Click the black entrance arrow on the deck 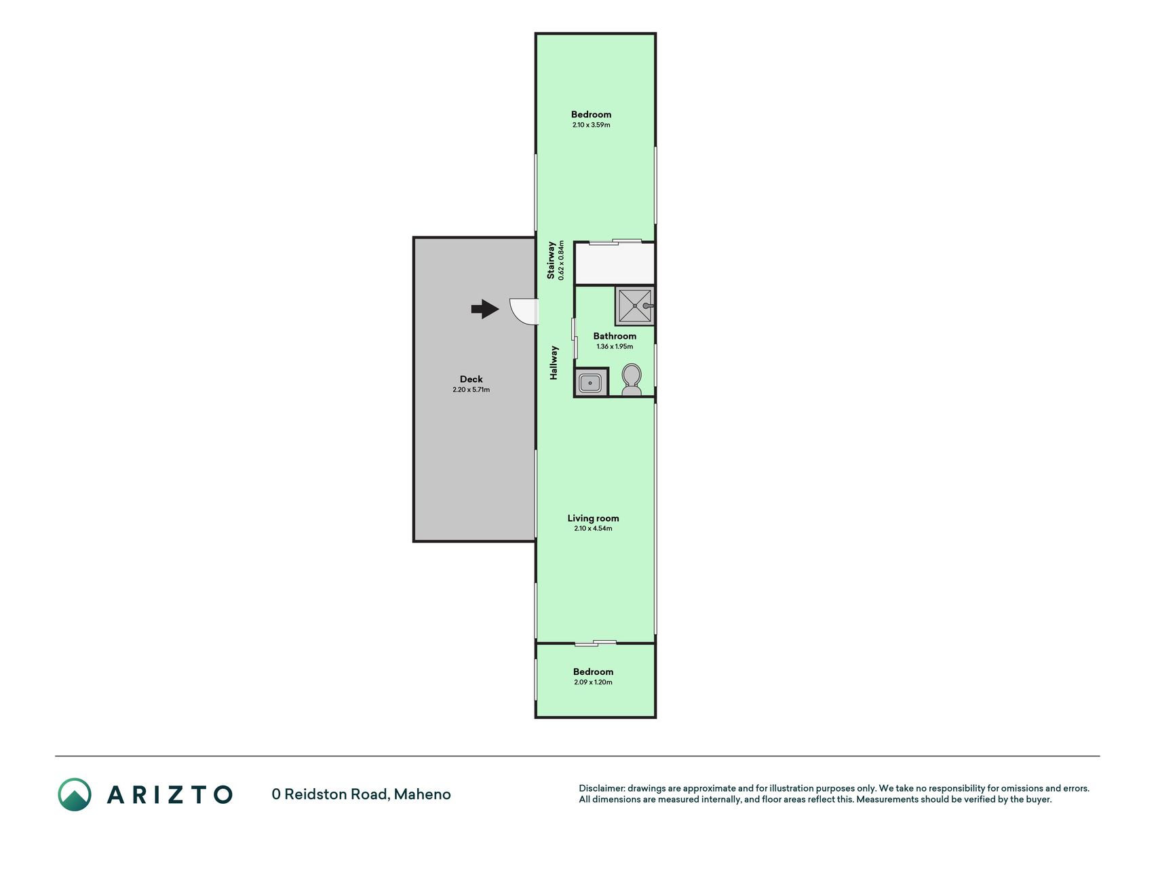click(x=485, y=309)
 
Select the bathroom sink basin click(x=591, y=384)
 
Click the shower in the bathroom click(x=635, y=306)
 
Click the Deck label click(x=471, y=380)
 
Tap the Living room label click(x=593, y=518)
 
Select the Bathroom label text click(x=615, y=336)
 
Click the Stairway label click(x=551, y=260)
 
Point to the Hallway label click(x=554, y=363)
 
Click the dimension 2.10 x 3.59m click(x=591, y=125)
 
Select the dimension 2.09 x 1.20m click(x=593, y=682)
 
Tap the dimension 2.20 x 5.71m click(x=471, y=390)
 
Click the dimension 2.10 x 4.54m click(x=593, y=528)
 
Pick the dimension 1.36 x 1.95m click(x=615, y=346)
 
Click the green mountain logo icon click(x=75, y=794)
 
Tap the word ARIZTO click(x=170, y=794)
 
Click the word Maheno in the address click(x=422, y=794)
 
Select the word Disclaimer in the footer click(x=601, y=788)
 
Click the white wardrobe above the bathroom click(x=615, y=263)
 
